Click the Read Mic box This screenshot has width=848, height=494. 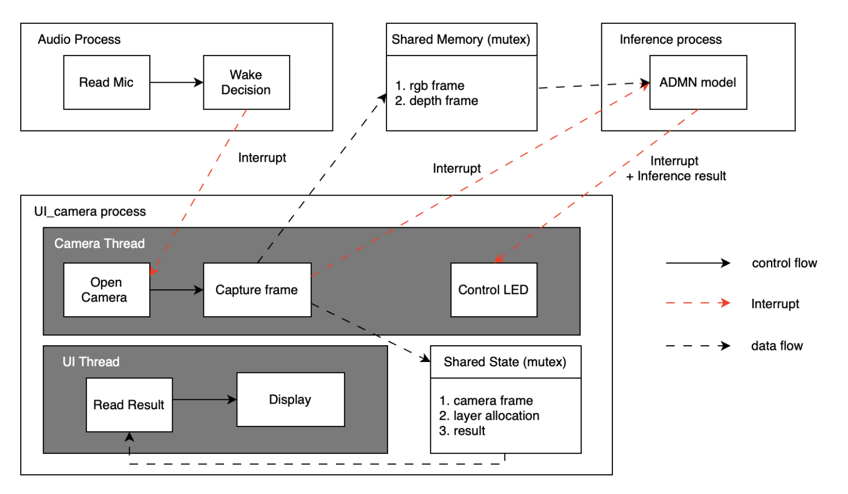coord(107,82)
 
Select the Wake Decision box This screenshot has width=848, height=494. coord(246,82)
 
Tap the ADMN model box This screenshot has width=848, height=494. coord(698,82)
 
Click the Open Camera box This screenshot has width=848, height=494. coord(107,290)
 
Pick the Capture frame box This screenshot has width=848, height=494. coord(257,290)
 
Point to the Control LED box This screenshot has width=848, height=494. coord(493,290)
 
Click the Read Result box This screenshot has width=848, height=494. coord(129,405)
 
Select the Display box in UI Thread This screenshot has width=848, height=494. coord(290,399)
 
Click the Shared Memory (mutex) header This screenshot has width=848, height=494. coord(461,40)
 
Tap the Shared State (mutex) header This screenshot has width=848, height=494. coord(505,362)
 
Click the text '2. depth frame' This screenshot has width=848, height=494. coord(436,101)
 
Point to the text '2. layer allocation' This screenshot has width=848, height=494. coord(489,415)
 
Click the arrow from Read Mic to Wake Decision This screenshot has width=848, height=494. coord(176,82)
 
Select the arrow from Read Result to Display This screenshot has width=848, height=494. coord(204,399)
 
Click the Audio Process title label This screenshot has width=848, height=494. coord(79,40)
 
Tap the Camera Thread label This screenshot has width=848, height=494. coord(99,243)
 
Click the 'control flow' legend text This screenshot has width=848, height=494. coord(784,263)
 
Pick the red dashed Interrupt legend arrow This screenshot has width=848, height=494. coord(698,303)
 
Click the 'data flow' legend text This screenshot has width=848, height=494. coord(777,346)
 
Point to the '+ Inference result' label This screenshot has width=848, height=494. coord(676,176)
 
